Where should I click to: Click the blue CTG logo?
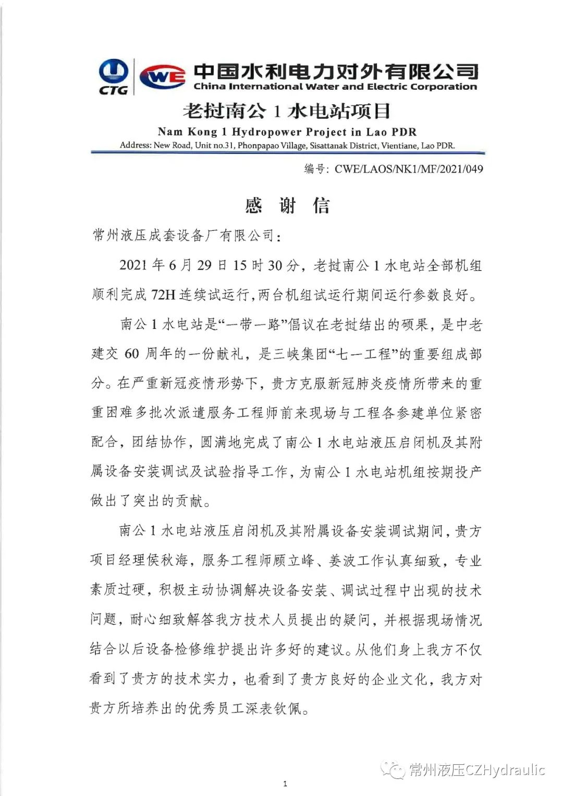113,76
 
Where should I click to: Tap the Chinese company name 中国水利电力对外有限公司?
335,71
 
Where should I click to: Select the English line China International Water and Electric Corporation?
335,87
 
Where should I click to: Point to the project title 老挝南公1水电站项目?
287,111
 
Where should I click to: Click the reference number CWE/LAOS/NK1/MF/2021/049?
409,168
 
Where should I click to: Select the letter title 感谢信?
287,205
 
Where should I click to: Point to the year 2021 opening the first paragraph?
133,265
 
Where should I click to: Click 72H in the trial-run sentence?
163,295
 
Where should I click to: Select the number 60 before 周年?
131,354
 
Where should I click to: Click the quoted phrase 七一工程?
364,354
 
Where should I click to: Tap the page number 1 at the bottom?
285,783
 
